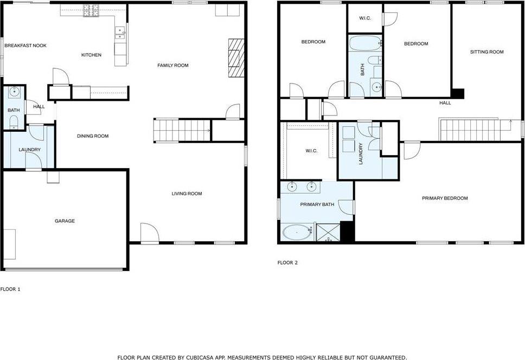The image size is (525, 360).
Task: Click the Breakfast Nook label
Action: (25, 46)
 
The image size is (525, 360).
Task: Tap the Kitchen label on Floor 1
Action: (92, 55)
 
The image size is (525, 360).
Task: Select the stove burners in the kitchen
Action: (91, 10)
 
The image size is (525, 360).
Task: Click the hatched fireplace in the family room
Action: (236, 58)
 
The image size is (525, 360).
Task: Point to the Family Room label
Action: (173, 65)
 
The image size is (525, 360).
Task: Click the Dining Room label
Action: (93, 136)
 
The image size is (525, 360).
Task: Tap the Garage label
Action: (65, 221)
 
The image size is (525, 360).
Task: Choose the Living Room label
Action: (187, 194)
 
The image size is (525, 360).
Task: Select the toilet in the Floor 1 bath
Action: (14, 122)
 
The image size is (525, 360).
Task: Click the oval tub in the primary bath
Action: (297, 232)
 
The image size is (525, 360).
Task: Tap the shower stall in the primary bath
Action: (328, 232)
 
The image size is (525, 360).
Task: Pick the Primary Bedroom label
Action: (445, 198)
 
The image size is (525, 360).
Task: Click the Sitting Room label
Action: (487, 52)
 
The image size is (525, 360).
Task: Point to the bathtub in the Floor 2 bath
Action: (366, 43)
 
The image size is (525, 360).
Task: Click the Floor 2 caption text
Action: (287, 262)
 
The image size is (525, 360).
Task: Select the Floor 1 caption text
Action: (10, 289)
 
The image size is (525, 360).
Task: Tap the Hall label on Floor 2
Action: (445, 102)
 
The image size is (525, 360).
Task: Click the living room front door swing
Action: (149, 233)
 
